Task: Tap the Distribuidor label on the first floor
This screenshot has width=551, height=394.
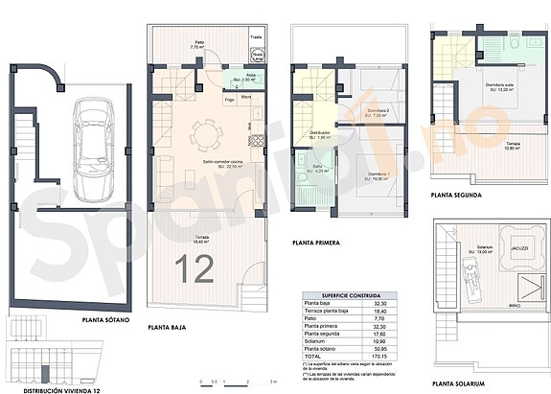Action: click(x=319, y=132)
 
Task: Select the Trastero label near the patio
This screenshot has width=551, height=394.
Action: click(x=256, y=37)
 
